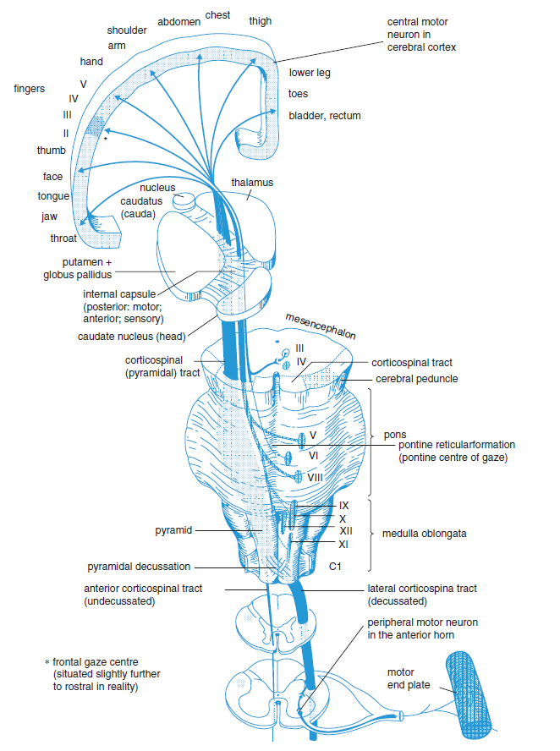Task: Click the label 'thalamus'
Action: (252, 182)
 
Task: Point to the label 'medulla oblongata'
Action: (424, 534)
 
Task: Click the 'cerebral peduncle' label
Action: (416, 379)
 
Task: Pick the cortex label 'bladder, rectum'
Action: (324, 115)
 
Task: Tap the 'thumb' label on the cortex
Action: (51, 150)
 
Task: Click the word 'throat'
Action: (63, 238)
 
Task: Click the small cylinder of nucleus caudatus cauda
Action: (183, 202)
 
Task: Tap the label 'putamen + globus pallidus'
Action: (77, 268)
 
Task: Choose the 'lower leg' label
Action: (310, 73)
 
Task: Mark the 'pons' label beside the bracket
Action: (395, 435)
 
